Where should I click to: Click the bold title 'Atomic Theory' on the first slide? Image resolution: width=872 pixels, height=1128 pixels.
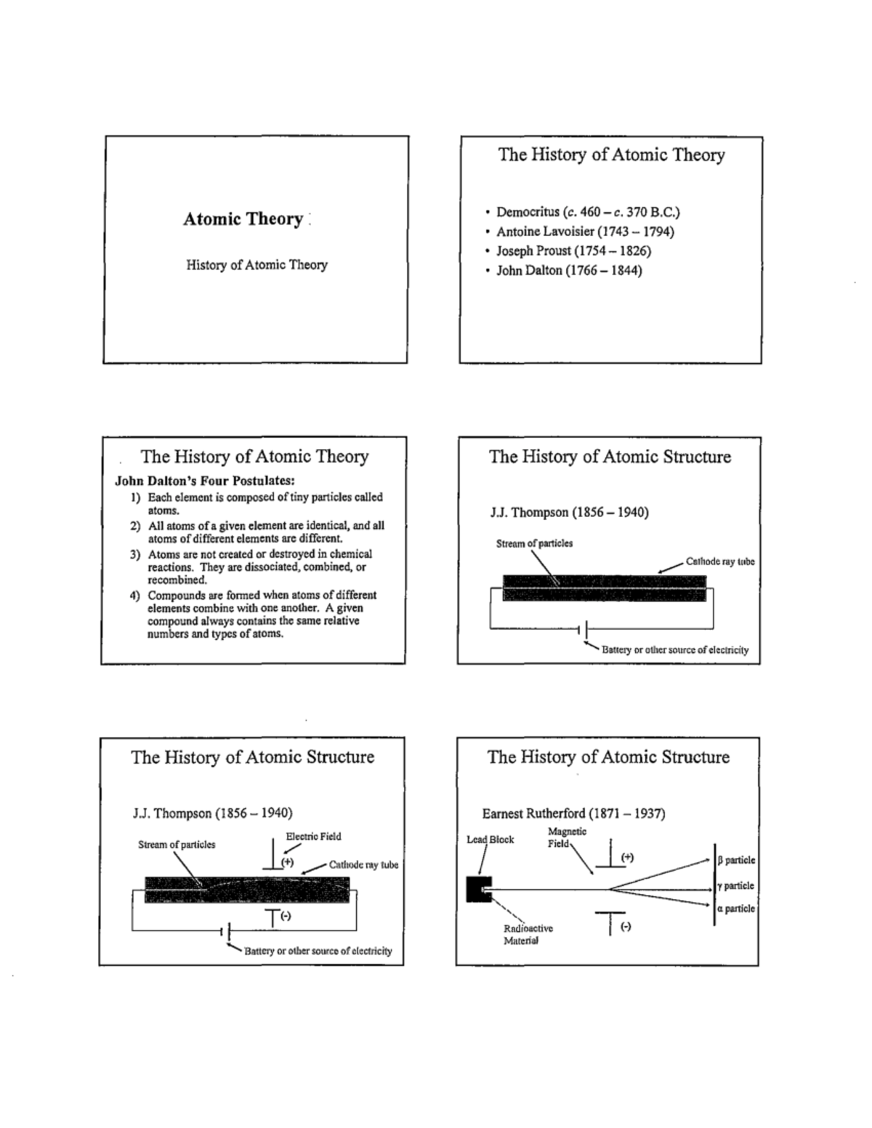click(243, 219)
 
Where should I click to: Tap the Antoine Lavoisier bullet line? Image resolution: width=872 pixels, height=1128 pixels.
click(584, 232)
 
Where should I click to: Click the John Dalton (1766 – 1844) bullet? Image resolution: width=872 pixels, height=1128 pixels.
click(568, 271)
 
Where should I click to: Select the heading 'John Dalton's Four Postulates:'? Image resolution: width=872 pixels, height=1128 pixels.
click(205, 481)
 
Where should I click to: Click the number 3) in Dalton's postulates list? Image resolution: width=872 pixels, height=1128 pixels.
click(134, 554)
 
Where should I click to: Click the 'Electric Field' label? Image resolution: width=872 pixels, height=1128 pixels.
click(313, 837)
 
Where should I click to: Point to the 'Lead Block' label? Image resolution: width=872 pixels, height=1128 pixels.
click(490, 840)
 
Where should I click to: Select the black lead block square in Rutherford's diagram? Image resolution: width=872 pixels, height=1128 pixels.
click(478, 889)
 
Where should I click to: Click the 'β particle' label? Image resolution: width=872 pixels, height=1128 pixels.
click(736, 860)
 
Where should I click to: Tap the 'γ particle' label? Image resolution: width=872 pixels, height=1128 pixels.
click(735, 886)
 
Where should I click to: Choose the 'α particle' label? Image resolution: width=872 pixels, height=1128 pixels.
click(735, 909)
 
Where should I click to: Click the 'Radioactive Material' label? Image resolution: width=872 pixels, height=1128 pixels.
click(528, 935)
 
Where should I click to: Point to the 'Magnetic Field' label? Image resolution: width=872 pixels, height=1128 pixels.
click(567, 837)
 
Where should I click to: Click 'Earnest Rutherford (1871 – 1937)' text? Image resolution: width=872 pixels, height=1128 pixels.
click(573, 813)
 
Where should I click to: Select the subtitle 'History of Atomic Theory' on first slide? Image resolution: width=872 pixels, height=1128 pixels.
click(257, 265)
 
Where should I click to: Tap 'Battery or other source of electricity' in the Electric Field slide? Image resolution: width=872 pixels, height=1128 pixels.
click(318, 951)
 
